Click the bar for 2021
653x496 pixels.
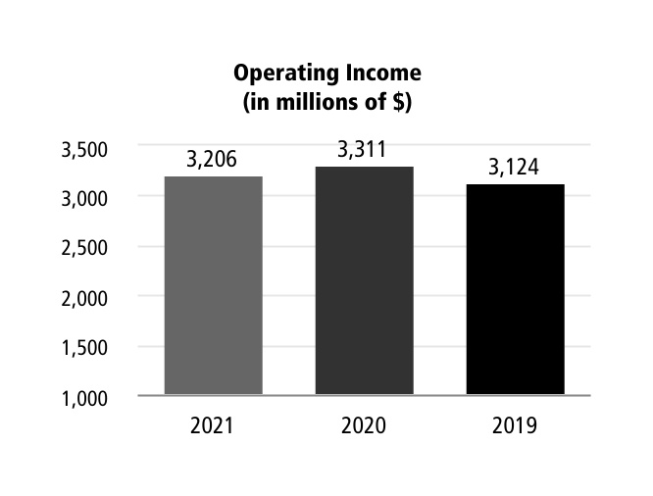point(213,286)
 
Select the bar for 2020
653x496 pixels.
point(364,281)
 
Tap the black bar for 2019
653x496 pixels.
point(515,290)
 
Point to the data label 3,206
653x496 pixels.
point(212,160)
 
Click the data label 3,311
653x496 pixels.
point(363,150)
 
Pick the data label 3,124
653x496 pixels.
point(514,168)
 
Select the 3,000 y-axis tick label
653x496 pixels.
point(83,198)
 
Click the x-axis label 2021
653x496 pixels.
point(213,426)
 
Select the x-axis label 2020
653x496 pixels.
point(364,426)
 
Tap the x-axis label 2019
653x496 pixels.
point(515,426)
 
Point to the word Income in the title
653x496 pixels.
point(382,74)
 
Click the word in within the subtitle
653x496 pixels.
point(259,102)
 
